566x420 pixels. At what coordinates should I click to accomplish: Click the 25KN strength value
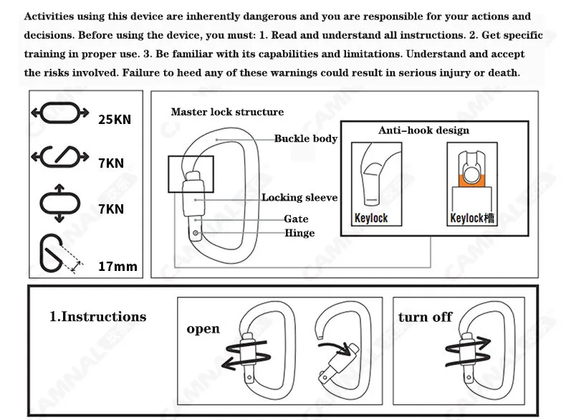(x=115, y=120)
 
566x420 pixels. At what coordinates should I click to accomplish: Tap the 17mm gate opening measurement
(x=117, y=267)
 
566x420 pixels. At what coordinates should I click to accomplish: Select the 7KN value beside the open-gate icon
(x=111, y=163)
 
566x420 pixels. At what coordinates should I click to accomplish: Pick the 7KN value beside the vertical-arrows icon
(x=111, y=209)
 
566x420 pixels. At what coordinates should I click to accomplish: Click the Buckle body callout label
(x=306, y=138)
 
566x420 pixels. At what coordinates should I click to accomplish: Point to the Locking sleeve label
(x=299, y=198)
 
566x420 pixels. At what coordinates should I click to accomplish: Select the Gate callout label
(x=296, y=219)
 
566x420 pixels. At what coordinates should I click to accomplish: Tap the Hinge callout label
(x=299, y=233)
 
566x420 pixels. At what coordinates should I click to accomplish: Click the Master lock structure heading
(x=227, y=112)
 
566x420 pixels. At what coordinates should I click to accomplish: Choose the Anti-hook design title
(x=423, y=130)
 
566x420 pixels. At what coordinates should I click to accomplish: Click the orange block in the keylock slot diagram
(x=472, y=181)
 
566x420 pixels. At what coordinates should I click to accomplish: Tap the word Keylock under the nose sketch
(x=371, y=218)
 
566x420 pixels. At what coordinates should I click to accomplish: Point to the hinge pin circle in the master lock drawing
(x=196, y=233)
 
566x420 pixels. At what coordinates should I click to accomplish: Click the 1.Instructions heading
(x=98, y=317)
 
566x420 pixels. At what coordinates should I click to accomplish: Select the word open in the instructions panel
(x=203, y=330)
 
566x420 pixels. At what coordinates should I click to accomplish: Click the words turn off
(x=425, y=317)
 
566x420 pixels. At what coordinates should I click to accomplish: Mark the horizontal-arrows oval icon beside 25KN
(x=60, y=113)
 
